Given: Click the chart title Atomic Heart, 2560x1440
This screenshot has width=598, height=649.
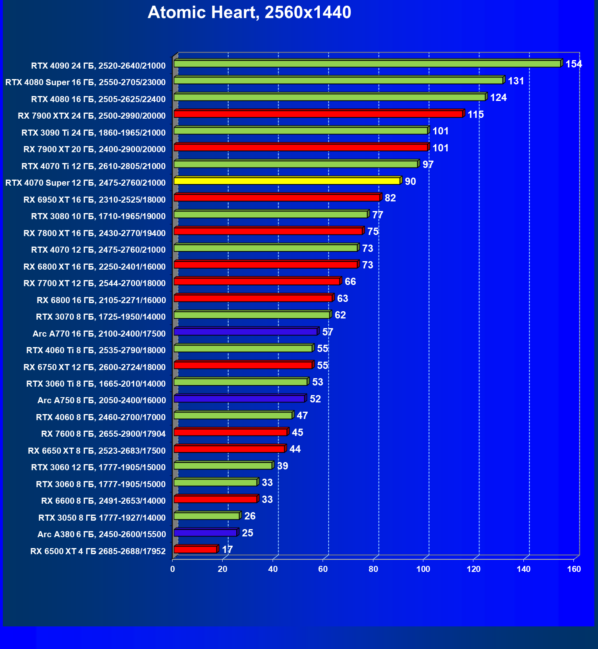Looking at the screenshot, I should coord(249,13).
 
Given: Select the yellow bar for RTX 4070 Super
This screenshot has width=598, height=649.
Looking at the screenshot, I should coord(287,181).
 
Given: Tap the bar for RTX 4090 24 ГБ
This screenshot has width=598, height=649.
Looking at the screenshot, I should coord(367,64).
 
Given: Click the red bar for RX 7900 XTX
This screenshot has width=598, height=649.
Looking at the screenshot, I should coord(318,114).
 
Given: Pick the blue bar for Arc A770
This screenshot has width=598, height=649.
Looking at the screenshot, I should coord(246,332).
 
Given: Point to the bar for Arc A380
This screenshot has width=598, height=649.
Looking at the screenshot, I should coord(205,533).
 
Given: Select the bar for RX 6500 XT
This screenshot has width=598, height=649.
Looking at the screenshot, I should coord(195,550).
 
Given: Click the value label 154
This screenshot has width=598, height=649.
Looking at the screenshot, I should coord(573,64).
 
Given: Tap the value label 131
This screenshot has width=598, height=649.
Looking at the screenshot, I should coord(516,81).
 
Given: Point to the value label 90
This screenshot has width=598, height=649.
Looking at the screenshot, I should coord(410,182).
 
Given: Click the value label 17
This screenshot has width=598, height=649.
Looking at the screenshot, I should coord(227,550).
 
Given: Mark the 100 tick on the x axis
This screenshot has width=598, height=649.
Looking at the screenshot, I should coord(423,569).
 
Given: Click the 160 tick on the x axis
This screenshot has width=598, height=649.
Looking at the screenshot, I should coord(573,569).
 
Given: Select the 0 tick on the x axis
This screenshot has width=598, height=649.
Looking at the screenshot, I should coord(173,569).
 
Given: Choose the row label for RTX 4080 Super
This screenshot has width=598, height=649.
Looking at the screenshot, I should coord(85,82).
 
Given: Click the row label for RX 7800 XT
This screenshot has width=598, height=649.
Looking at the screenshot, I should coord(94,233).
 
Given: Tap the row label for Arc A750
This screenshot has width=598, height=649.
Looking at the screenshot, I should coord(102,400).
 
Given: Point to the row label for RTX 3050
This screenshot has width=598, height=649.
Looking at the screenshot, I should coord(102,517).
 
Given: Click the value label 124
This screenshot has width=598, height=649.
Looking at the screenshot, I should coord(498,98).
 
